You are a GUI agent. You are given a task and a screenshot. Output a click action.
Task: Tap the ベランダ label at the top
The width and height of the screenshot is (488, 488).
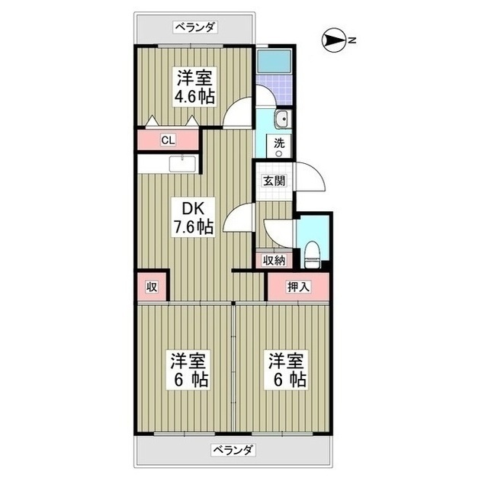point(195,27)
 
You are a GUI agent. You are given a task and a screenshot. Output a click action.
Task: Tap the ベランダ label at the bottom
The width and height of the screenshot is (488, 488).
point(233,448)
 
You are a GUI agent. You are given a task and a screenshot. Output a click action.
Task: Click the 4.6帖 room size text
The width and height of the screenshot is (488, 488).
point(196,97)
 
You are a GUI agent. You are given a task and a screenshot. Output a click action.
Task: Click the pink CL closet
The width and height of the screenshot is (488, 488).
point(169,140)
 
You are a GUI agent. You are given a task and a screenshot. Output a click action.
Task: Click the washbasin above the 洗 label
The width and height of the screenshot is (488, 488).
point(281,119)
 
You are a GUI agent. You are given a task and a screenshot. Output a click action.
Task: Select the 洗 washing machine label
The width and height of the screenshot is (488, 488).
point(280,143)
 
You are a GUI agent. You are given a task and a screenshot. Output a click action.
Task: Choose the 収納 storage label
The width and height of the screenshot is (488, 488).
point(274,261)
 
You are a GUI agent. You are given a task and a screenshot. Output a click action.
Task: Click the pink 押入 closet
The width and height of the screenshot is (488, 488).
point(298,287)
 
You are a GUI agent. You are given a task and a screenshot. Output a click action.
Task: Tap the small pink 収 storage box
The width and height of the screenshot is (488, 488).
point(152,287)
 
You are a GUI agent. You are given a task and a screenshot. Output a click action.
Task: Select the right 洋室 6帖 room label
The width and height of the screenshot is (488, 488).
point(287,369)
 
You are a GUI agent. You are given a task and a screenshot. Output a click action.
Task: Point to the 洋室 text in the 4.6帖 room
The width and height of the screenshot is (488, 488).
point(196,78)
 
